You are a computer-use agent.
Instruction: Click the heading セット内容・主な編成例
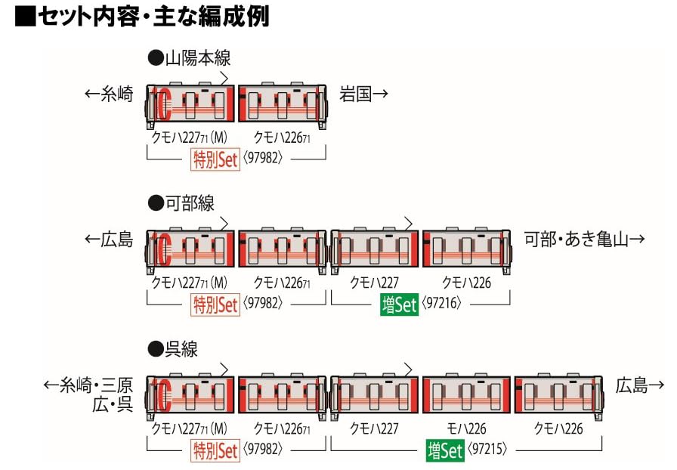tap(143, 17)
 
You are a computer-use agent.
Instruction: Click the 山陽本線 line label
tap(189, 57)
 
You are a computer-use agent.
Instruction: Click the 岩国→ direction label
tap(363, 94)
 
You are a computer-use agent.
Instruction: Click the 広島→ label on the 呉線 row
tap(640, 385)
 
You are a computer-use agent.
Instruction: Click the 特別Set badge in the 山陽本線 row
tap(215, 159)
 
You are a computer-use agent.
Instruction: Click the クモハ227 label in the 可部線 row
tap(375, 283)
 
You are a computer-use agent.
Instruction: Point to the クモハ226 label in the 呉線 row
tap(558, 428)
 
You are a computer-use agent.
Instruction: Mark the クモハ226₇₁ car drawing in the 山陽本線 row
tap(283, 104)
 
